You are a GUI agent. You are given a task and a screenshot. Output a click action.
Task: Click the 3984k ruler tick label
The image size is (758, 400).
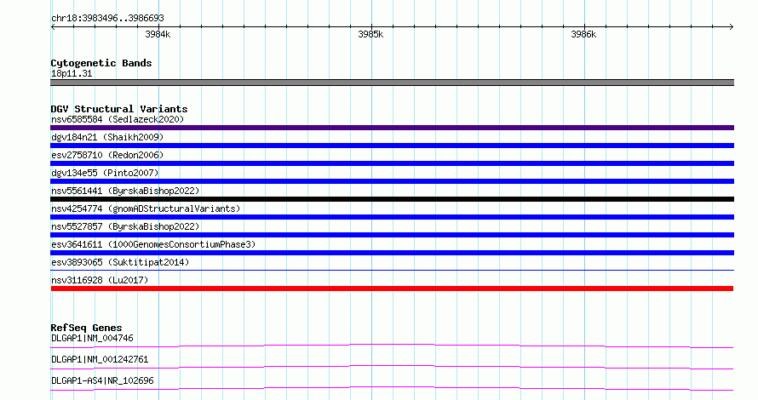click(158, 34)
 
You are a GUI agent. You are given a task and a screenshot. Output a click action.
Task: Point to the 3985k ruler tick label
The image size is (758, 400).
click(370, 34)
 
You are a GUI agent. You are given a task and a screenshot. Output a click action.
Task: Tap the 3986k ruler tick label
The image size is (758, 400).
click(583, 34)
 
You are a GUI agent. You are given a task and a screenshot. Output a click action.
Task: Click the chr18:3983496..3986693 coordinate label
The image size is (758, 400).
click(107, 19)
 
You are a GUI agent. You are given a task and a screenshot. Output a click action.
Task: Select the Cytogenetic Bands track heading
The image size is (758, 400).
click(101, 63)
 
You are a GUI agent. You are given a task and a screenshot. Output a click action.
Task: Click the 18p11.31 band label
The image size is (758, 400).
click(72, 73)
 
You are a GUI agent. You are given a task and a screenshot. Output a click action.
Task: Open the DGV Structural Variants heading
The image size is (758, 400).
click(119, 109)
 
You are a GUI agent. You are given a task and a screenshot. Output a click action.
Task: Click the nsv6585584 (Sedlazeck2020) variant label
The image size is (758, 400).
click(118, 119)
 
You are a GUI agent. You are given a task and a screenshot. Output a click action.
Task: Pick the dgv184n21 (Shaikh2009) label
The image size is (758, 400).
click(107, 137)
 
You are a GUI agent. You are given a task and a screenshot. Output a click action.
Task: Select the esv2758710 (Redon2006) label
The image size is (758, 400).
click(107, 155)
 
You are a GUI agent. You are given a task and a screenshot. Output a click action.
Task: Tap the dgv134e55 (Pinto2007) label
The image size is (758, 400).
click(105, 173)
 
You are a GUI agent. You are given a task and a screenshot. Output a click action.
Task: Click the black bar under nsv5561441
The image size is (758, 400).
click(392, 199)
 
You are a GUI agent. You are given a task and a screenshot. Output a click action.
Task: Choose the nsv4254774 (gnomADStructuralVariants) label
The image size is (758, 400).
click(146, 209)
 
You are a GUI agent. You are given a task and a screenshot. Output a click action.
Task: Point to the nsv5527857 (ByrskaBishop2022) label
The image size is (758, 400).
click(125, 226)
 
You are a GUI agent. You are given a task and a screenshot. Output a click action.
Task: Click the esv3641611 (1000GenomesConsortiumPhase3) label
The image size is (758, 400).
click(153, 244)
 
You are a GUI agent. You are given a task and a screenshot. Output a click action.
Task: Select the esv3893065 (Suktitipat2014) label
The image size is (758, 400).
click(120, 262)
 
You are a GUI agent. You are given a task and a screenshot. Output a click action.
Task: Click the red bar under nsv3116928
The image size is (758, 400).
click(392, 289)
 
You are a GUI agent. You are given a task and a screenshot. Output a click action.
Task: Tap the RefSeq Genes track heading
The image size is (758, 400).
click(86, 328)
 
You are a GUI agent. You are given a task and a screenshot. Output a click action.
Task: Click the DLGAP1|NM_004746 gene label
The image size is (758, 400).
click(92, 338)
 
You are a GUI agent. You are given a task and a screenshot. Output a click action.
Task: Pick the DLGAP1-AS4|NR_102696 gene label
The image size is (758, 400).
click(102, 380)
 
